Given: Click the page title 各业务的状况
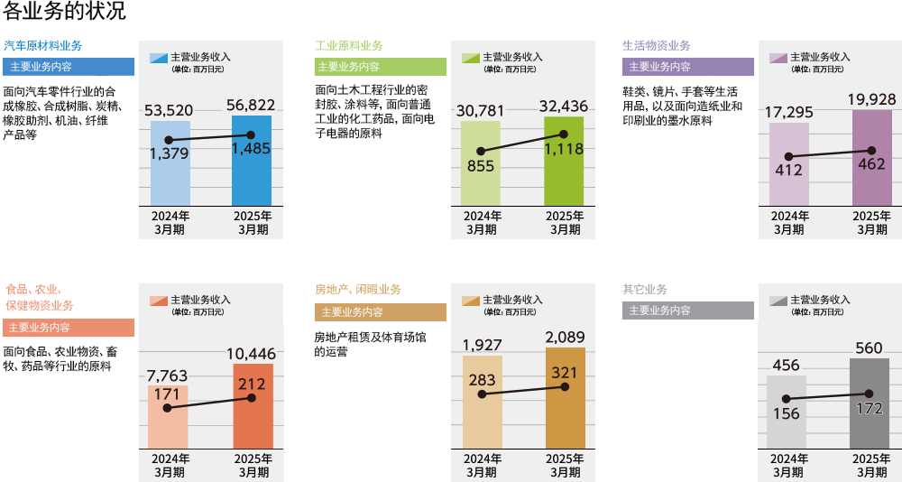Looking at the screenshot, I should tap(63, 12).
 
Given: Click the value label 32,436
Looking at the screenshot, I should tap(564, 107).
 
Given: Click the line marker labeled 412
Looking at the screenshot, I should tap(789, 157).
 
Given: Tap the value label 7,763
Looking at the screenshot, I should tap(169, 375).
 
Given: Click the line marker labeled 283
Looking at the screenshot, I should tap(482, 394).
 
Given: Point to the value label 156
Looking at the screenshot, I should tap(786, 413).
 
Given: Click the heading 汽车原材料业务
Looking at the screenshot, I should tap(42, 46).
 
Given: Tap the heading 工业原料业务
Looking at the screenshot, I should tap(348, 46).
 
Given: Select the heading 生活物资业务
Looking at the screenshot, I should tap(657, 46).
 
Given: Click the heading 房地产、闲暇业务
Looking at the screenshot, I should tap(357, 290).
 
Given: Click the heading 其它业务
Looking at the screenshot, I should tap(645, 290).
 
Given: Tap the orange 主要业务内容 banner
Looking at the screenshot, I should tap(69, 328).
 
